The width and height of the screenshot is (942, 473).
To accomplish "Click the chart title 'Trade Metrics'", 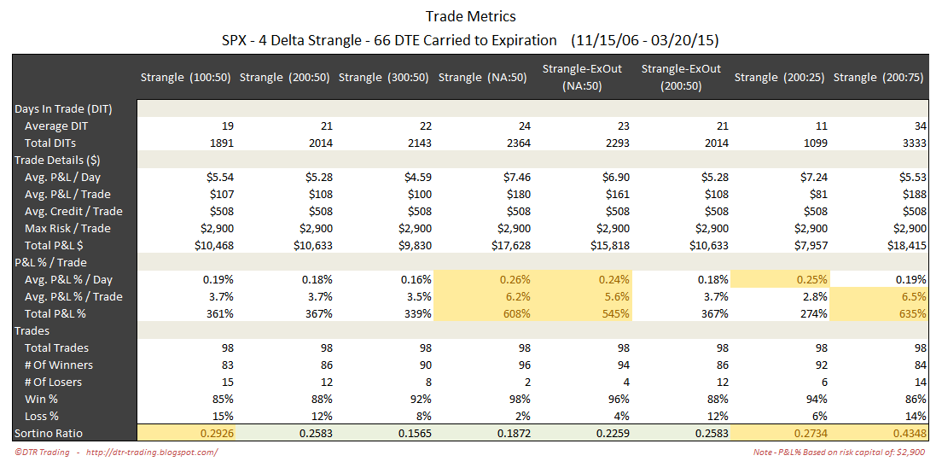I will pos(470,16).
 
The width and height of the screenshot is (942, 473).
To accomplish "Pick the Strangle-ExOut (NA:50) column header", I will pos(582,77).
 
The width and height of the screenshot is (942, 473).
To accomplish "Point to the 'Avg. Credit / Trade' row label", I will pos(74,212).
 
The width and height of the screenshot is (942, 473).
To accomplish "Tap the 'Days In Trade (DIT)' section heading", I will pos(63,109).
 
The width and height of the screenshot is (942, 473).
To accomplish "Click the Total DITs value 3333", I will pos(912,143).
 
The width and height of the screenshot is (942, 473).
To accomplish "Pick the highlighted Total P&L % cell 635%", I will pos(912,314).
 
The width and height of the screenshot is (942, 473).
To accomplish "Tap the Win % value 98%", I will pos(519,400).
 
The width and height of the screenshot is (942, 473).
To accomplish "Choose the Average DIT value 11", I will pos(822,126).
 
